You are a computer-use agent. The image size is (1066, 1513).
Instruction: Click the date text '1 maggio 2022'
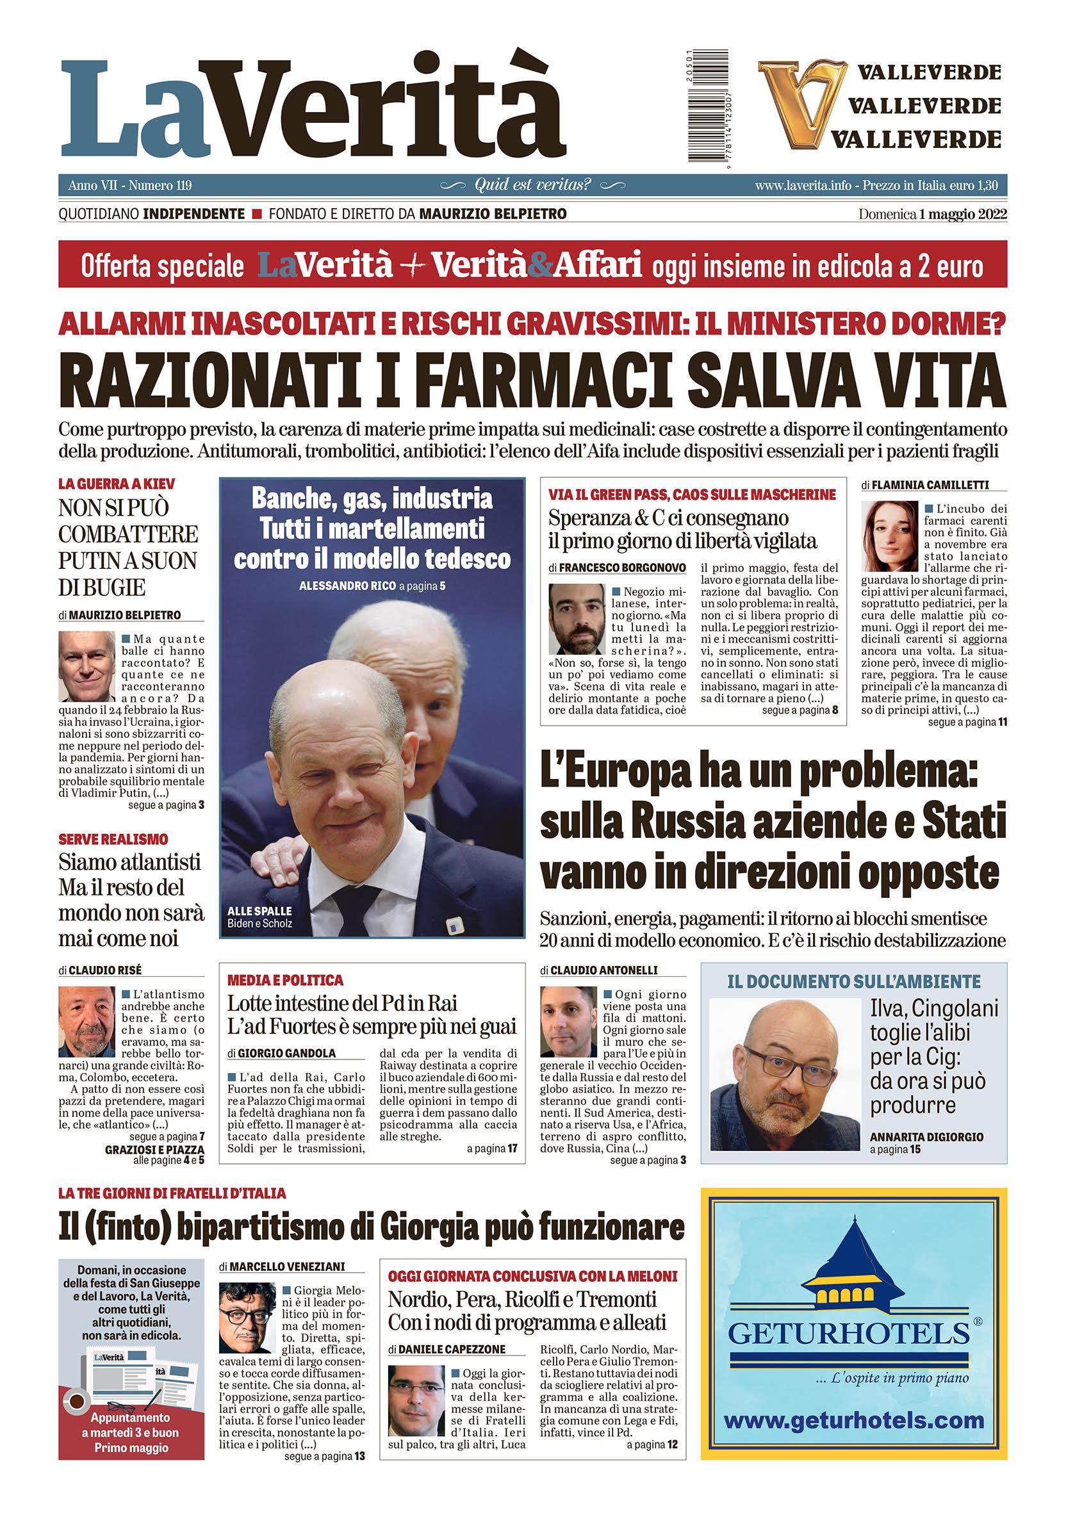tap(963, 214)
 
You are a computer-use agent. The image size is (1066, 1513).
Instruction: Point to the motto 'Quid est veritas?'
tap(533, 185)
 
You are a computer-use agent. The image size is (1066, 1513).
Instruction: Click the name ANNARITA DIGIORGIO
tap(926, 1137)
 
